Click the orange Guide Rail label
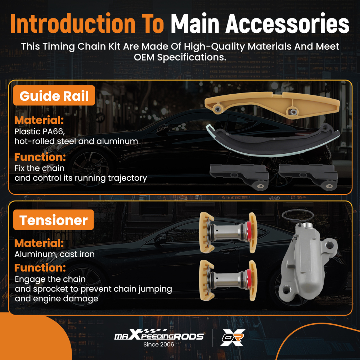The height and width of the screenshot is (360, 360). [x=54, y=95]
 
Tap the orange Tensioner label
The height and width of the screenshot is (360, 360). [x=54, y=220]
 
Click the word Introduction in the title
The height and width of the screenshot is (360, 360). [x=73, y=24]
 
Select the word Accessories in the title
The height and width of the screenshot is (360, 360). [x=287, y=24]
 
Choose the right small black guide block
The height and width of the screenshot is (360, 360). [x=308, y=176]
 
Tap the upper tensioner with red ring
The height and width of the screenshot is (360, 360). [x=228, y=232]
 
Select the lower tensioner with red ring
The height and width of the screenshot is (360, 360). [x=228, y=280]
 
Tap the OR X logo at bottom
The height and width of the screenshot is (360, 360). [x=232, y=337]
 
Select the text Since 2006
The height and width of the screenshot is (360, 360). [x=159, y=345]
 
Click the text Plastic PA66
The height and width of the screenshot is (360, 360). [x=40, y=131]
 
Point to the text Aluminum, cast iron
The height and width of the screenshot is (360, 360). [x=54, y=254]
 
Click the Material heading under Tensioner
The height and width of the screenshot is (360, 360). [x=39, y=243]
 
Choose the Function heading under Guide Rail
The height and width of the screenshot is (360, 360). [x=40, y=157]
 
